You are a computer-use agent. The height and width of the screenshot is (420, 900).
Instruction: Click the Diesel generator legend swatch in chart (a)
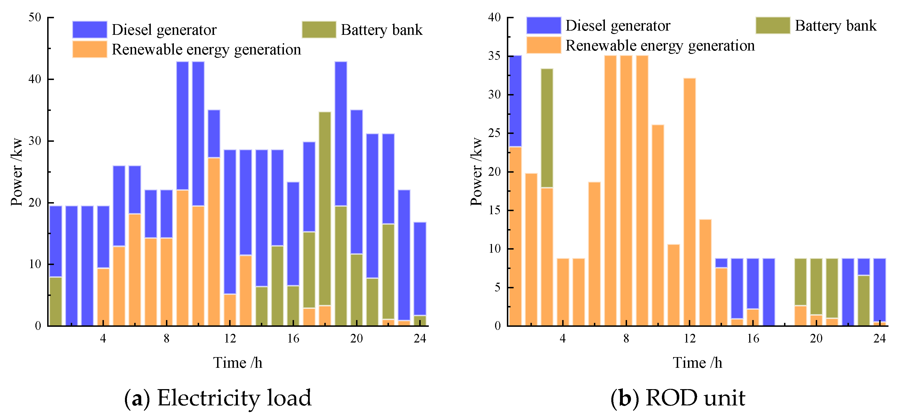[90, 29]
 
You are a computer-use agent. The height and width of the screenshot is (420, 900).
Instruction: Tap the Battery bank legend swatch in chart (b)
[773, 25]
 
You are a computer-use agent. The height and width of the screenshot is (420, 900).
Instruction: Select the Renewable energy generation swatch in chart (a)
[90, 49]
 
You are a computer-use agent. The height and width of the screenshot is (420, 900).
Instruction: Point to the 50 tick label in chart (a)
[35, 17]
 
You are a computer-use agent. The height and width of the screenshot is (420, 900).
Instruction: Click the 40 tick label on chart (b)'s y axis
[495, 17]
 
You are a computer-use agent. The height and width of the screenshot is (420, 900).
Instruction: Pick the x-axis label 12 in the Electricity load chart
[230, 338]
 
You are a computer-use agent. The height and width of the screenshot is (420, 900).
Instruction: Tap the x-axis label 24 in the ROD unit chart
[880, 338]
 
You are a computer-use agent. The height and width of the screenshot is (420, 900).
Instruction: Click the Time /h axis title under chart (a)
[238, 363]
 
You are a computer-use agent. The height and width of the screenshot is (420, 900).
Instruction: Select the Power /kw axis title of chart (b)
[476, 171]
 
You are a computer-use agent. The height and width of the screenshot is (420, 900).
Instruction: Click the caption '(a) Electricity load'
[218, 398]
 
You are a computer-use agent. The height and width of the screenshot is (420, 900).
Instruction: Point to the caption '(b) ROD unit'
[678, 398]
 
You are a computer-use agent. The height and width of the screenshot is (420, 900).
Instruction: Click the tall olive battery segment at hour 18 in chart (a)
[325, 208]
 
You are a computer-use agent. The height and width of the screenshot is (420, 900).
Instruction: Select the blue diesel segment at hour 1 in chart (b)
[515, 101]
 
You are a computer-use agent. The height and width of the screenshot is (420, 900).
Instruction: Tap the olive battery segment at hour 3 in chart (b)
[547, 128]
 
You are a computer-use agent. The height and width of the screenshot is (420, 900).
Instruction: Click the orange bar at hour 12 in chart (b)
[689, 202]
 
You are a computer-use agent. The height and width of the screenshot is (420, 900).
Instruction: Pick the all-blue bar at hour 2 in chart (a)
[72, 266]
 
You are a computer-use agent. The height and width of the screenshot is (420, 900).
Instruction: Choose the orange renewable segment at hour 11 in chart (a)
[214, 241]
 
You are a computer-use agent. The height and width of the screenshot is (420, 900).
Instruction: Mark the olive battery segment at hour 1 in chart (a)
[56, 301]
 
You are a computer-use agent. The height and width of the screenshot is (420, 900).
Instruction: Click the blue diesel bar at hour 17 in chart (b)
[769, 292]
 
